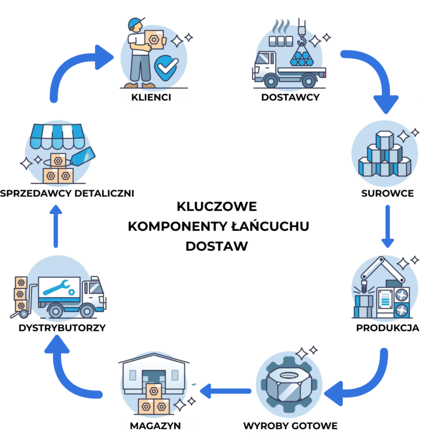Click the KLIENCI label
coord(151,97)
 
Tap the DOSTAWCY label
coord(291,97)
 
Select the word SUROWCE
coord(388,194)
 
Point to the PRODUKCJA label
coord(388,328)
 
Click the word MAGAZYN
coord(155,426)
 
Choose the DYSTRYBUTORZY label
coord(62,328)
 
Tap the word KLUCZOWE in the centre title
coord(217,207)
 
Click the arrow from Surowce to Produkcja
coord(388,226)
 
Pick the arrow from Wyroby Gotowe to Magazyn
coord(226,391)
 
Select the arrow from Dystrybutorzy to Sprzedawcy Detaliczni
coord(55,226)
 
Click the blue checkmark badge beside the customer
coord(166,67)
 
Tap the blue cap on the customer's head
coord(136,23)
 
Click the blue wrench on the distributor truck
coord(57,287)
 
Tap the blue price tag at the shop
coord(83,156)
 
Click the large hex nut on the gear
coord(289,385)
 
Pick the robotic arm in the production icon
coord(381,271)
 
